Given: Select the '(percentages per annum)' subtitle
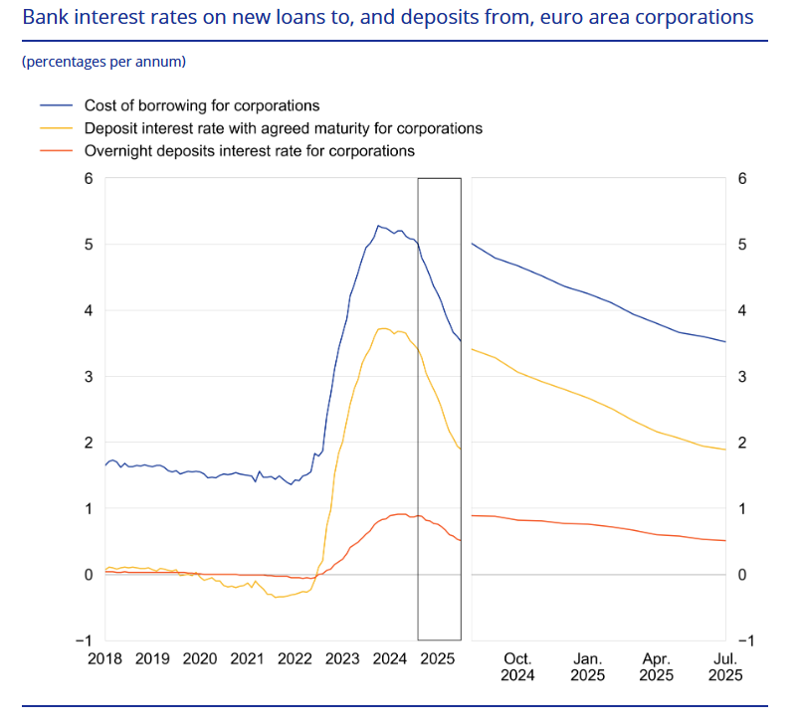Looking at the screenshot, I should (103, 62).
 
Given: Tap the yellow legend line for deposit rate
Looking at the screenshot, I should (57, 128).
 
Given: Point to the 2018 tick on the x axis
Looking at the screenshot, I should (105, 658).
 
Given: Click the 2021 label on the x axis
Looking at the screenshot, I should (248, 658).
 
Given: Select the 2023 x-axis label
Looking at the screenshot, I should (342, 658).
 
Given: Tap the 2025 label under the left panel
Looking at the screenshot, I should (438, 658).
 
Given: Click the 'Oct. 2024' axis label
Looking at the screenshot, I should (518, 666).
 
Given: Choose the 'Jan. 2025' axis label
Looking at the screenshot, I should (587, 666).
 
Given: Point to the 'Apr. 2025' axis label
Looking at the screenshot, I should (657, 666).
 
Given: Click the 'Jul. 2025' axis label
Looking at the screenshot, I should (725, 666).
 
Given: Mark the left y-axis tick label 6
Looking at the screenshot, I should (89, 179).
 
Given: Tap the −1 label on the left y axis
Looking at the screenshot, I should (85, 640).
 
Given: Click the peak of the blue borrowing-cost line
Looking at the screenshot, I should (378, 226).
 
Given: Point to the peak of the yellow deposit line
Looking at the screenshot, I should (382, 328).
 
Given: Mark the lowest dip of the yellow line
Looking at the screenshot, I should (277, 597).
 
